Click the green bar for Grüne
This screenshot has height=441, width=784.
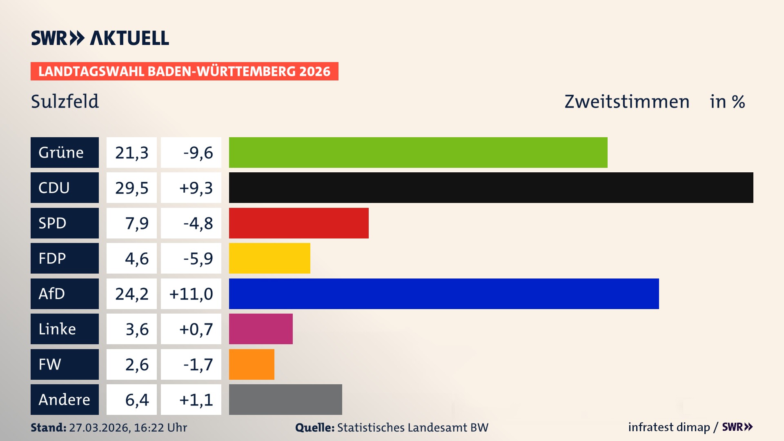click(x=418, y=152)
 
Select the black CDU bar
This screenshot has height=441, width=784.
click(x=491, y=187)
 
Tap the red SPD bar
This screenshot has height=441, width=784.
click(x=298, y=223)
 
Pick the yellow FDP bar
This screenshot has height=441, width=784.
click(x=269, y=258)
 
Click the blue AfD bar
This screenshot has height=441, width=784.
click(x=444, y=294)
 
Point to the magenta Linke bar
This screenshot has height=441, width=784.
click(x=261, y=329)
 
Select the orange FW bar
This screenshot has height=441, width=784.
click(x=252, y=364)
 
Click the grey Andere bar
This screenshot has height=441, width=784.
click(x=285, y=399)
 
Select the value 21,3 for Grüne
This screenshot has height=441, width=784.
click(x=131, y=152)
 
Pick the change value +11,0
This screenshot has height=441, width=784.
click(x=191, y=294)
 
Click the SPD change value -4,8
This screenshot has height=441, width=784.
click(x=198, y=223)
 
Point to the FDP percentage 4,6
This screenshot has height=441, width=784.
click(x=136, y=258)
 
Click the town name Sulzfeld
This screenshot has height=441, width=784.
click(x=65, y=101)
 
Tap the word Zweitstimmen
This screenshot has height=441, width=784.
click(x=627, y=101)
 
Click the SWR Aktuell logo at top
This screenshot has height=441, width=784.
click(x=100, y=38)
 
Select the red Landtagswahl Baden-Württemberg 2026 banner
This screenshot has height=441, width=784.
click(x=184, y=71)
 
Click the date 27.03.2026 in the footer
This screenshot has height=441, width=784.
click(x=99, y=428)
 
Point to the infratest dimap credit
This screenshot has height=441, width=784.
click(x=669, y=427)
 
